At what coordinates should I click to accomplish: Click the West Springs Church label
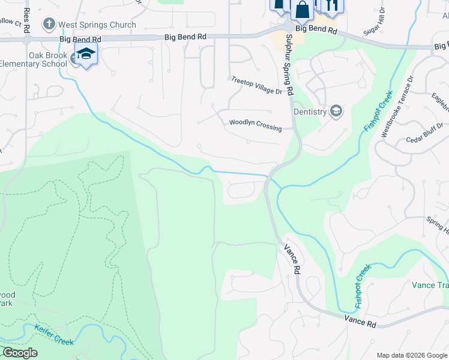[x=97, y=25]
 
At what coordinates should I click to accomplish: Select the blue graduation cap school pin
[x=86, y=54]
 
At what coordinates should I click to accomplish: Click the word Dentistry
[x=310, y=112]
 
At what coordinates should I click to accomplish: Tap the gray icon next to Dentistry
[x=337, y=110]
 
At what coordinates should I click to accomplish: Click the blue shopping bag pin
[x=303, y=10]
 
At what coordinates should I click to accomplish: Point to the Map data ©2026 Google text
[x=412, y=355]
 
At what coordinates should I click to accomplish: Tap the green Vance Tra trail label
[x=430, y=285]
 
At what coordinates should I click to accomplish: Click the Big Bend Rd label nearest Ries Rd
[x=80, y=38]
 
